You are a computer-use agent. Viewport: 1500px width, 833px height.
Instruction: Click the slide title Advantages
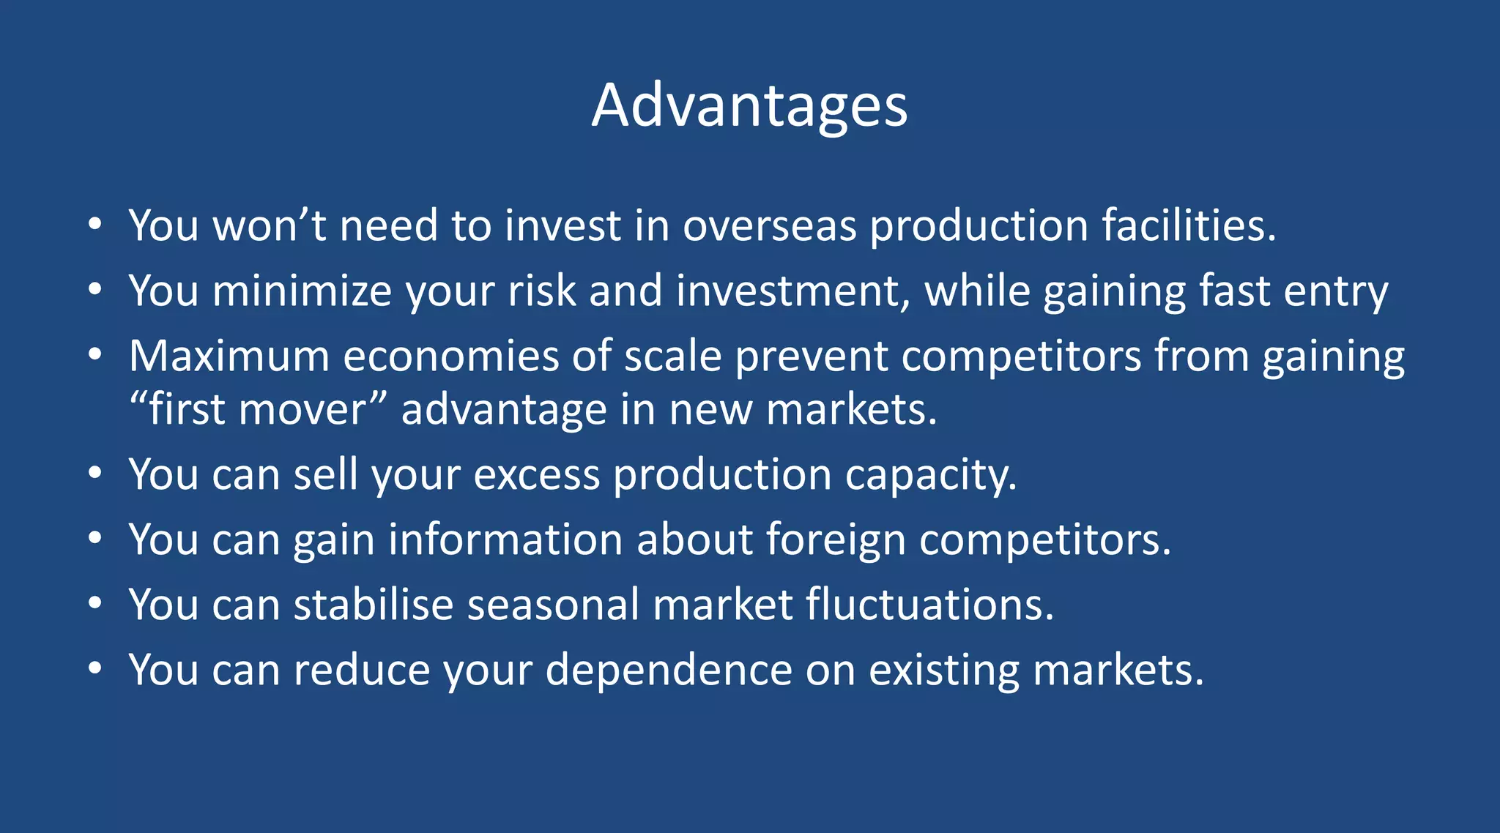749,106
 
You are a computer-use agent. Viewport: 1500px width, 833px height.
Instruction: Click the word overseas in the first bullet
769,225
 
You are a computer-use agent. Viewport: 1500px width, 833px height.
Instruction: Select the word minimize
302,291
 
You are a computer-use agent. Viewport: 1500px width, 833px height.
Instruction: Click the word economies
451,356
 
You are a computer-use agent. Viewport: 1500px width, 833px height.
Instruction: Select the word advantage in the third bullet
504,411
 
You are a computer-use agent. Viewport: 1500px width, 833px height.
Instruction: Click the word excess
536,475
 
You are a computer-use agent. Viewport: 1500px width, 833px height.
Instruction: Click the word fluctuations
929,605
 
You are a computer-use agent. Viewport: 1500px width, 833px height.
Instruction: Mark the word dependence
668,670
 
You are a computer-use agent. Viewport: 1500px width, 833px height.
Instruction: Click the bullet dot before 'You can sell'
94,474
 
